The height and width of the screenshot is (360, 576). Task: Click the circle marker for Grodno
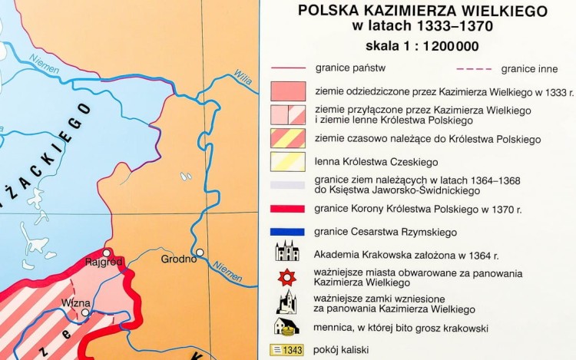click(x=200, y=252)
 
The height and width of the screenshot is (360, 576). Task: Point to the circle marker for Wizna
click(x=85, y=312)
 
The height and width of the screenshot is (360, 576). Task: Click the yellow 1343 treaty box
click(x=286, y=350)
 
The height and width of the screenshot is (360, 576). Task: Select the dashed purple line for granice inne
click(x=476, y=68)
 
